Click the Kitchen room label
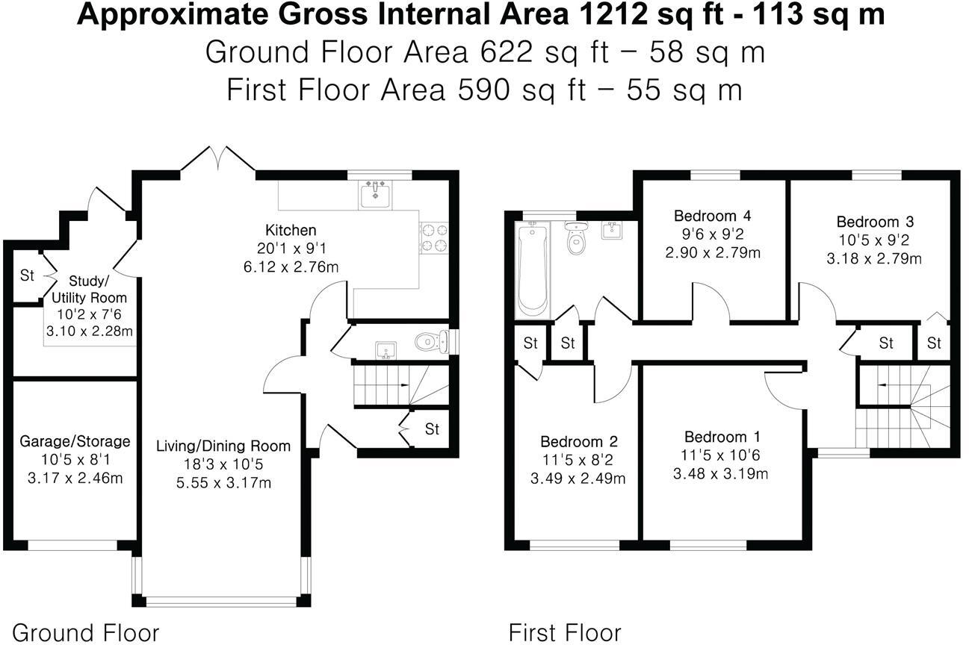291,230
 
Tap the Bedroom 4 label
712,216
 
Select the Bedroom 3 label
875,222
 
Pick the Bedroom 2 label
580,440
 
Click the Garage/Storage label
75,441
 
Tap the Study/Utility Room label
89,289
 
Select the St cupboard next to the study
27,275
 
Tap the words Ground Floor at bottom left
86,632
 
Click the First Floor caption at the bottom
564,632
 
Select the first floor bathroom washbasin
611,231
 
